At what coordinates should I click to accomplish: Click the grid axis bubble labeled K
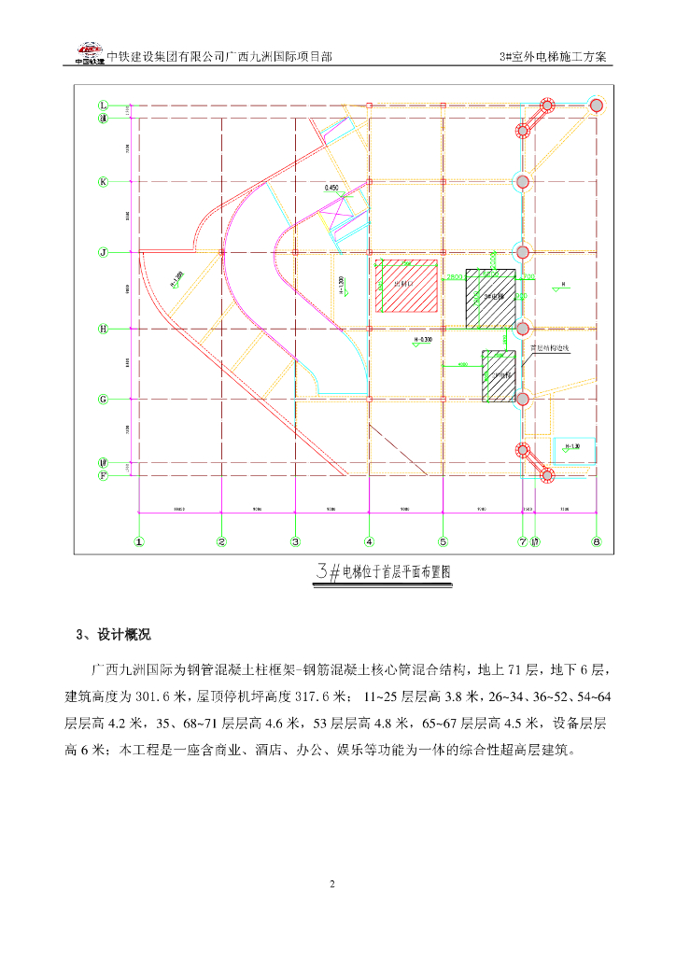[104, 181]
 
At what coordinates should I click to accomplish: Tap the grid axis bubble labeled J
[104, 252]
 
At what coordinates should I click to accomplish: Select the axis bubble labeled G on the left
[104, 400]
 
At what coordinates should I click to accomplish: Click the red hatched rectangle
[408, 286]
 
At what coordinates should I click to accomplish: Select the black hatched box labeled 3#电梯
[488, 298]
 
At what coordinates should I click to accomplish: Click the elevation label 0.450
[331, 188]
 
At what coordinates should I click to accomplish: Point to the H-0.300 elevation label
[422, 339]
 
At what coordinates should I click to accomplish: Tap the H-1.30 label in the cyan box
[572, 446]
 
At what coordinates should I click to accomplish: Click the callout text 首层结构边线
[549, 349]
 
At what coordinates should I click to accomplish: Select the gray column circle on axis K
[523, 181]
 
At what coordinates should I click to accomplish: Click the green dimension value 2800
[455, 277]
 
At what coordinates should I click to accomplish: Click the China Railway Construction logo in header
[90, 53]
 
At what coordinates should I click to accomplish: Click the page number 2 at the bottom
[331, 883]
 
